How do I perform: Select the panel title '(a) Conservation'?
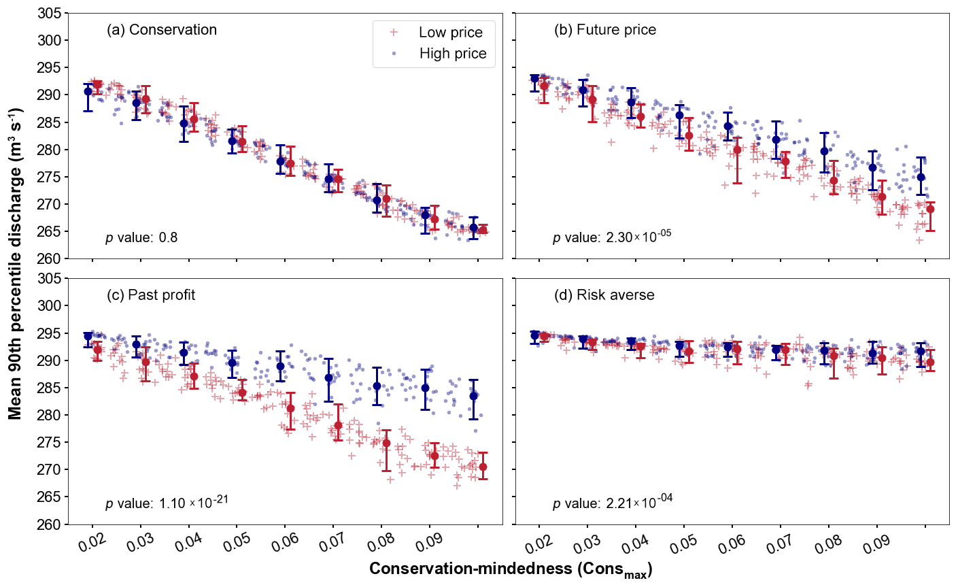(x=162, y=30)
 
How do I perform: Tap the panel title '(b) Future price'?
(x=605, y=30)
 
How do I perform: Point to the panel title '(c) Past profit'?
(x=151, y=295)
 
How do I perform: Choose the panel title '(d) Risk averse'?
(x=604, y=295)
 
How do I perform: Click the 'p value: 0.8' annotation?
(x=141, y=238)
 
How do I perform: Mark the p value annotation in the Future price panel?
(x=612, y=237)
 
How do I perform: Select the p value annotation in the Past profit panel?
(x=167, y=503)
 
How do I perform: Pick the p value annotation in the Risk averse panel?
(x=613, y=503)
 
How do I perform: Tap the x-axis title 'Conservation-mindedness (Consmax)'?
(x=511, y=569)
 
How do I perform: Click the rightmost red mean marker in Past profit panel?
(x=483, y=467)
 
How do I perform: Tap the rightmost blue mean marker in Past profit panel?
(x=473, y=396)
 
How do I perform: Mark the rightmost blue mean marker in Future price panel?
(x=921, y=177)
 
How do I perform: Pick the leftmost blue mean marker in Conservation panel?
(x=88, y=91)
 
